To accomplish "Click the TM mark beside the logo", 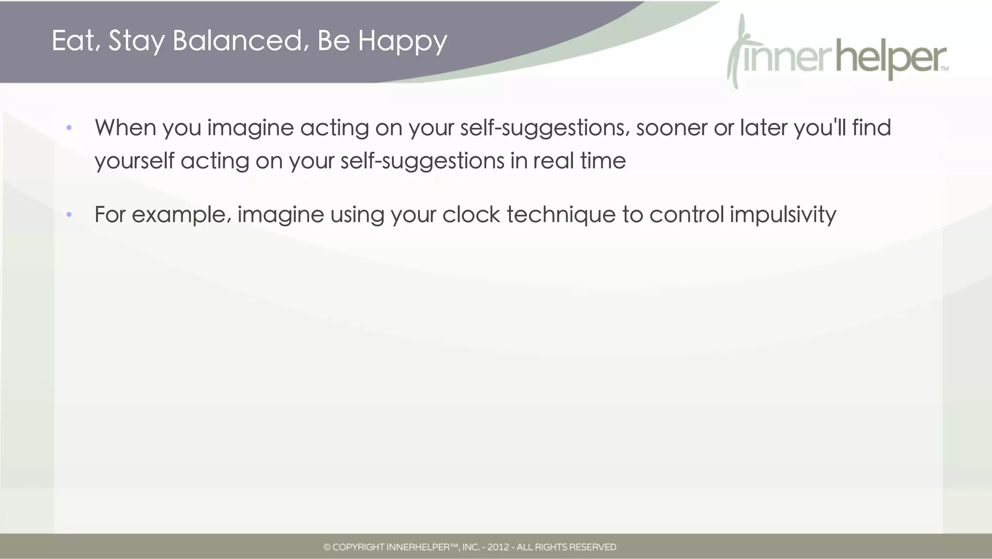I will point(945,69).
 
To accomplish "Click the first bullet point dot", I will point(69,128).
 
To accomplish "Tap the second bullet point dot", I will point(69,214).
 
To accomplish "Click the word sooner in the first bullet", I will point(671,128).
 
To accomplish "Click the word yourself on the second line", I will point(134,161).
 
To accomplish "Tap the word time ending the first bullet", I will point(603,161).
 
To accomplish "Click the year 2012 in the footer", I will point(498,547).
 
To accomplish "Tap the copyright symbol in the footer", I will point(327,547).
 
